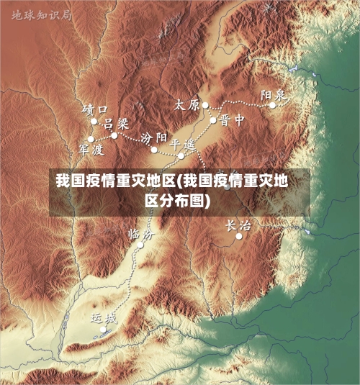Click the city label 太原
coord(186,104)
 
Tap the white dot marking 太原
coord(205,105)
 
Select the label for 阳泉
coord(274,94)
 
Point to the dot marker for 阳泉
coord(273,105)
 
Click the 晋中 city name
coord(233,119)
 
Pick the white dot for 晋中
coord(214,119)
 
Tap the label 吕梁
coord(115,124)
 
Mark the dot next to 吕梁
coord(114,135)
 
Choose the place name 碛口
coord(96,109)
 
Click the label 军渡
coord(91,149)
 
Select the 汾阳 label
coord(154,137)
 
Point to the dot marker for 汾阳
coord(154,150)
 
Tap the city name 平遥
coord(182,143)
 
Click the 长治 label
coord(239,225)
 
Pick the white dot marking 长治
coord(239,236)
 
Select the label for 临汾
coord(140,233)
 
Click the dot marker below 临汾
coord(140,245)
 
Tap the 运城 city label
coord(103,317)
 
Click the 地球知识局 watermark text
coord(41,13)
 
